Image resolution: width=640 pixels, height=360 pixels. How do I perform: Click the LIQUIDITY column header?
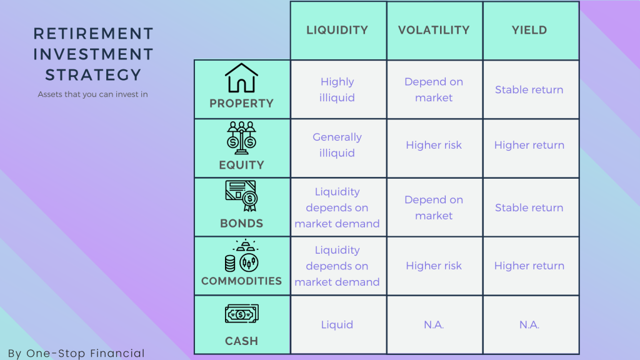pos(337,30)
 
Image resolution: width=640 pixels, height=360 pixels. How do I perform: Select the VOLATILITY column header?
pos(434,30)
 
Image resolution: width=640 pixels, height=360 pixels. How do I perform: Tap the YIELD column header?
pos(529,30)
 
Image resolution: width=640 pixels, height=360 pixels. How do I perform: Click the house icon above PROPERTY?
pos(241,79)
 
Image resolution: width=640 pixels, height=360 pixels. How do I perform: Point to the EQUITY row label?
pos(241,165)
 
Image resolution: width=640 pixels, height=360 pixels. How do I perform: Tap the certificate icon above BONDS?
pos(241,196)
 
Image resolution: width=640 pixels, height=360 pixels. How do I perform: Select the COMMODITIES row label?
pos(241,281)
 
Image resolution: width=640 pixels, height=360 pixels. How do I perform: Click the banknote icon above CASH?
pos(241,314)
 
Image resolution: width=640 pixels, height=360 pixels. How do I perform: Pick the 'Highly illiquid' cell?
pos(337,89)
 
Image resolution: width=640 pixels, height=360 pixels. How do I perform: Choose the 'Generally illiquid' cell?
pos(337,145)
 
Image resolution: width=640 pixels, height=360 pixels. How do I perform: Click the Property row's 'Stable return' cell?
pos(529,89)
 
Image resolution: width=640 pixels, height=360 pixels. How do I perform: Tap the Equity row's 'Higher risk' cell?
pos(434,145)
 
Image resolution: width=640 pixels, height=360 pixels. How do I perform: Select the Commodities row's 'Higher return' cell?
pos(529,266)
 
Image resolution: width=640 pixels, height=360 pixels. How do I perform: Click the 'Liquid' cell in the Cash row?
pos(337,324)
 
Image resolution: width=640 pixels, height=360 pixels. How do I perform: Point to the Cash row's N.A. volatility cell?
pos(434,324)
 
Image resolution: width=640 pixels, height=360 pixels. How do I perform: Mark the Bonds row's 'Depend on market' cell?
pos(434,207)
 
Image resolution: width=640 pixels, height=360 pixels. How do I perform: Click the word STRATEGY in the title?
pos(93,75)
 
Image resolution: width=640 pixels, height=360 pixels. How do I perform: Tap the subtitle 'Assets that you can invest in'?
pos(92,95)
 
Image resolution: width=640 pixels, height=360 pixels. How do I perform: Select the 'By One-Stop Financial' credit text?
pos(76,353)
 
